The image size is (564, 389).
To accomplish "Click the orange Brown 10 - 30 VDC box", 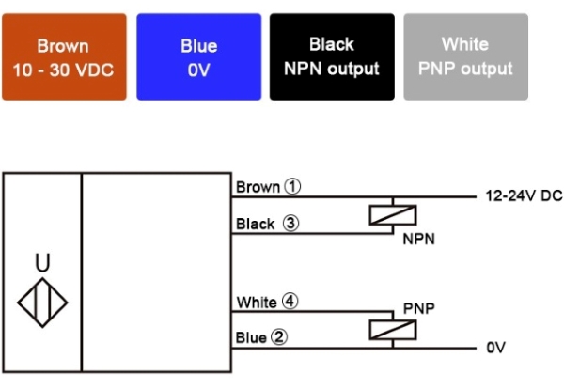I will tap(64, 56).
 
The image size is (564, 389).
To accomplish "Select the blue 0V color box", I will tap(198, 56).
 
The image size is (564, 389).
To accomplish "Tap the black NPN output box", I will tap(332, 56).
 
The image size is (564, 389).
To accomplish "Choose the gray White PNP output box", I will tap(465, 56).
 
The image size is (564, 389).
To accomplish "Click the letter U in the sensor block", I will tap(42, 264).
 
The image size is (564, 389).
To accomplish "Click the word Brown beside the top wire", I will tap(258, 187).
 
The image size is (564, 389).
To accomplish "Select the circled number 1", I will tap(293, 187).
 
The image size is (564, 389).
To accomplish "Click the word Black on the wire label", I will tap(256, 225).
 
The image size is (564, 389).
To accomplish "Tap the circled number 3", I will tap(290, 225).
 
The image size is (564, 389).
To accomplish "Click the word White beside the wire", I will tap(257, 303).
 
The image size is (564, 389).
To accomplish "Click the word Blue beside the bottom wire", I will tap(252, 337).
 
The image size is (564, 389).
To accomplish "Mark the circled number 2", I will tap(279, 337).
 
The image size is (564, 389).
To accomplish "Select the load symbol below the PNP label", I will tap(390, 331).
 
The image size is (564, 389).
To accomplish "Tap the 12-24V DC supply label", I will tap(524, 197).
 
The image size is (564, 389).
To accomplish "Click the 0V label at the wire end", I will tap(496, 348).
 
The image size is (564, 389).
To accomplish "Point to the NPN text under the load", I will tap(418, 240).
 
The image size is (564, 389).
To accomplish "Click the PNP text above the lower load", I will tap(418, 307).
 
